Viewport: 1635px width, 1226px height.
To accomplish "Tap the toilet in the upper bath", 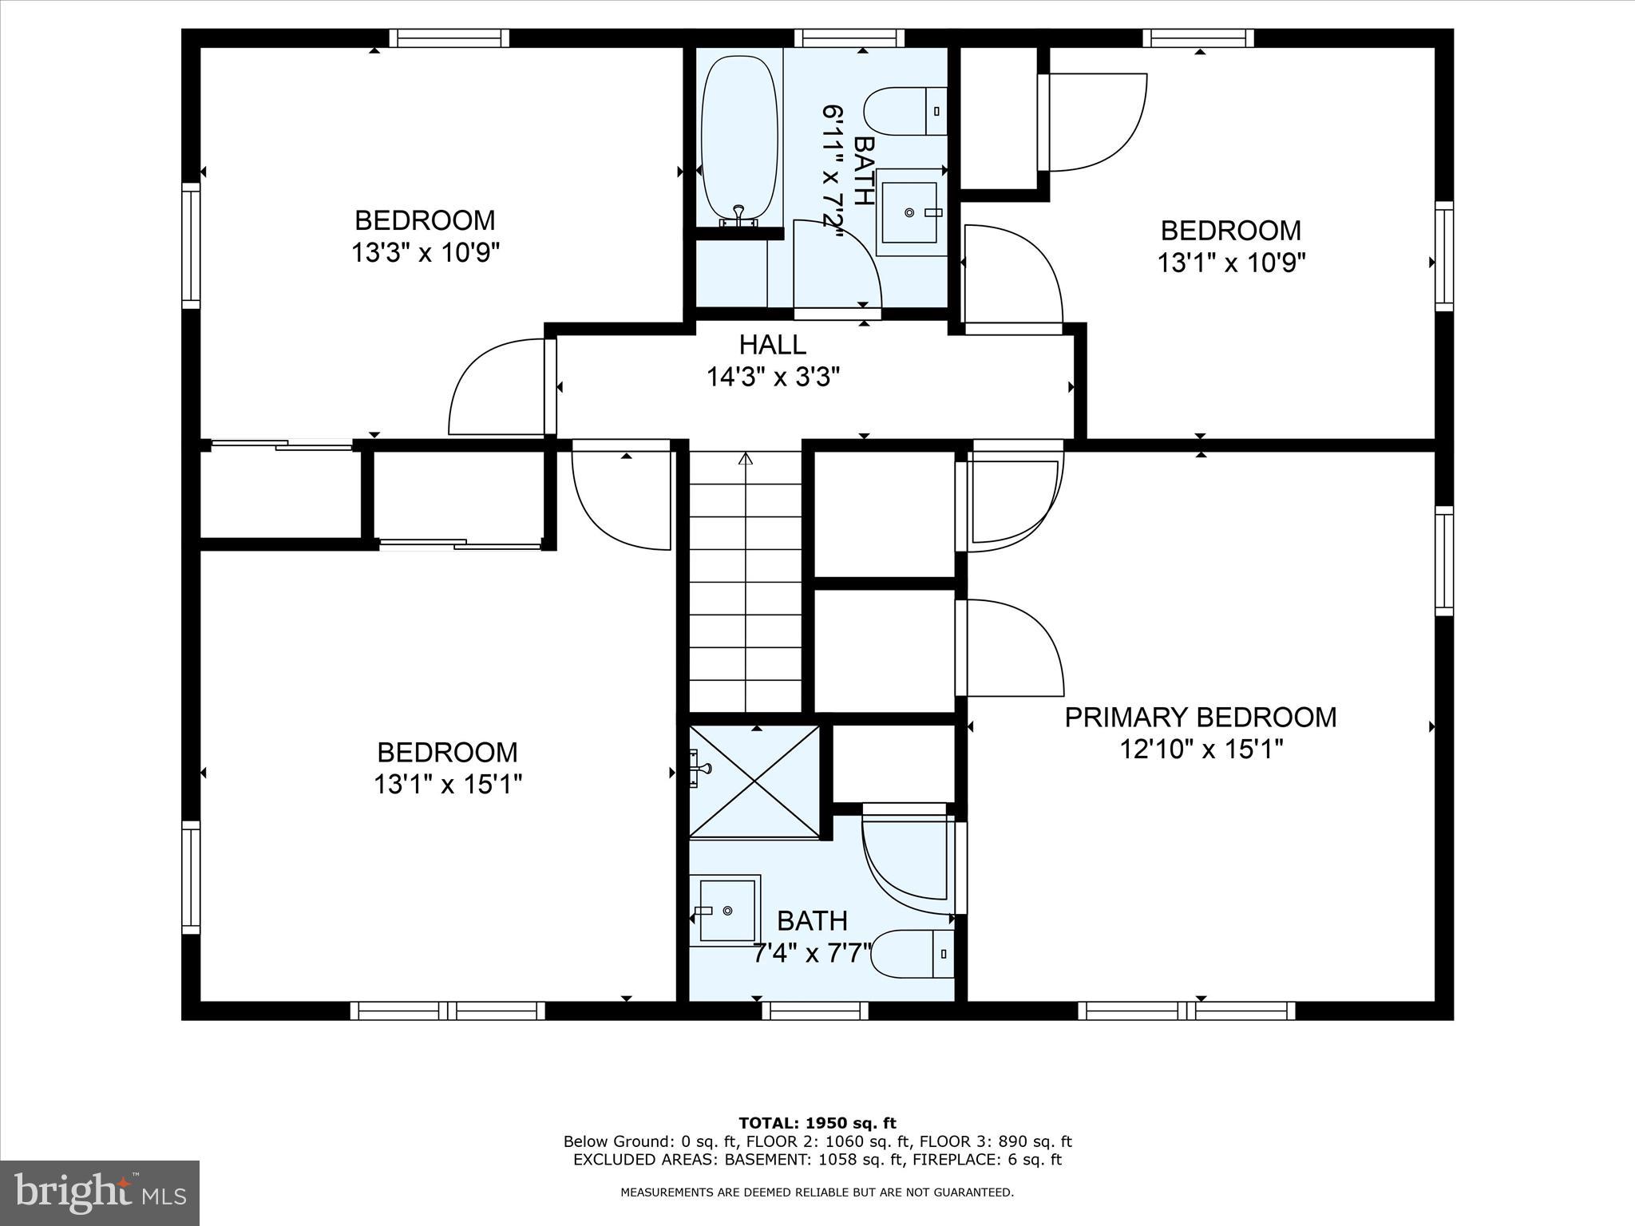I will click(906, 112).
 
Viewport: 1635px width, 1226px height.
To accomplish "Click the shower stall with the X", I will click(754, 781).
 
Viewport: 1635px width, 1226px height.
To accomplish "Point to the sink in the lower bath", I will click(726, 911).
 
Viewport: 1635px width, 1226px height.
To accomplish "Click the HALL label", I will click(772, 345).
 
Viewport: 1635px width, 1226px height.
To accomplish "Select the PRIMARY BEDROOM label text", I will click(1200, 717).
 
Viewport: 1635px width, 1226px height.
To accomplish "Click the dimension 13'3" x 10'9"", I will click(426, 253).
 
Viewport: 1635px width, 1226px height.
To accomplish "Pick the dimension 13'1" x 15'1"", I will click(448, 785).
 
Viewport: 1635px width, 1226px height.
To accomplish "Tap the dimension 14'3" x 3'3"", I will click(773, 377).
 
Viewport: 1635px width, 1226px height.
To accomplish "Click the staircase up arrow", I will click(746, 460).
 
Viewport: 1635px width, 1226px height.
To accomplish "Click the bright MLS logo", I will click(100, 1192).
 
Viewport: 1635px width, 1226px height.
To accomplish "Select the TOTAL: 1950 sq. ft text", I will click(817, 1124).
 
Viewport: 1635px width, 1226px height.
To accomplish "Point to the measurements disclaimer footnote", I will click(817, 1192).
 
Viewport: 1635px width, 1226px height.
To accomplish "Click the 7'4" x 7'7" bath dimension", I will click(812, 953).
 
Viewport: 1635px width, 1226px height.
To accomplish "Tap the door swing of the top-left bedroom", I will click(495, 387).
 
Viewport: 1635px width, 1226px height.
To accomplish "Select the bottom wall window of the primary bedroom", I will click(1186, 1010).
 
